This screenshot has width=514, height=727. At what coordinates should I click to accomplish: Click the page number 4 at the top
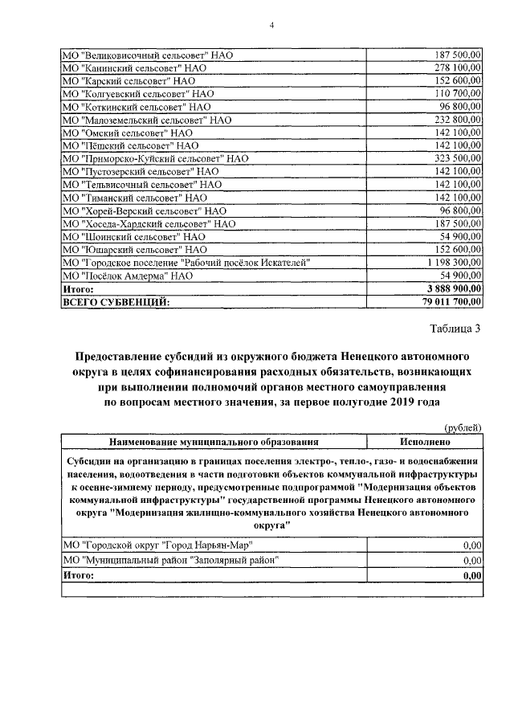(271, 26)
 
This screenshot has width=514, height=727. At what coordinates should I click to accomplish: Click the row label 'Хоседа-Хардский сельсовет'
(149, 223)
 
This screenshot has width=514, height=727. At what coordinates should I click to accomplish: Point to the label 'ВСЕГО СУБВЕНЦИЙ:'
(116, 302)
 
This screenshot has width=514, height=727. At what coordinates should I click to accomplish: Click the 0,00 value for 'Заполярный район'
(471, 560)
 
